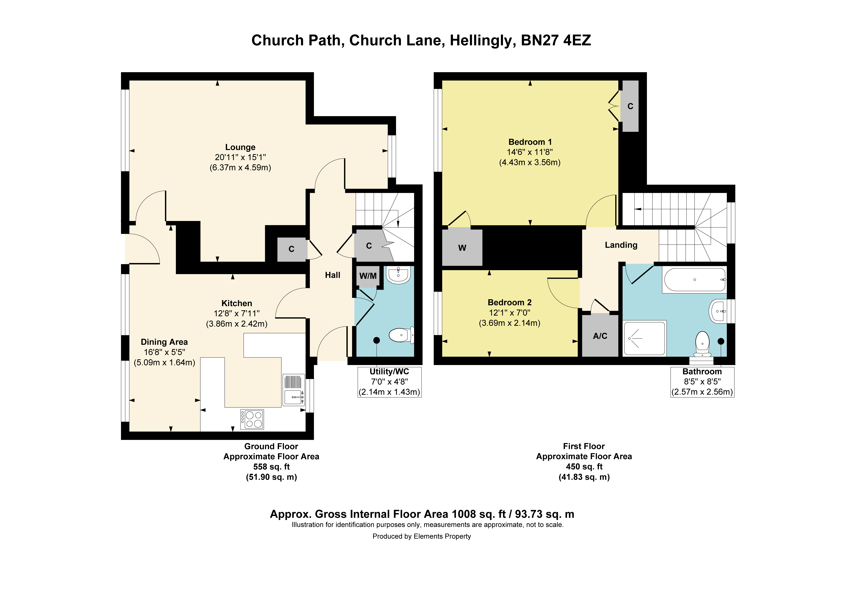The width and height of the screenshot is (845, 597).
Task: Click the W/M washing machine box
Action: pos(368,276)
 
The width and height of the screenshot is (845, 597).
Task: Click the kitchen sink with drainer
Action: pos(294,390)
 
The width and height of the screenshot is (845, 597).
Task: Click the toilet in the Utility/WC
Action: pos(402,335)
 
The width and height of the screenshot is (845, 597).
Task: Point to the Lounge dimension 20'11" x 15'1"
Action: pos(240,157)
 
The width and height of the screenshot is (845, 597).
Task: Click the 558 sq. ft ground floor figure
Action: pos(271,467)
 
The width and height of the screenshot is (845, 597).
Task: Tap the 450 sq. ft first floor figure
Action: pos(584,467)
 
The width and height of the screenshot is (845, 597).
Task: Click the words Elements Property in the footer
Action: pos(442,536)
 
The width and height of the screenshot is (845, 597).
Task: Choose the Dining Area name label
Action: pos(164,342)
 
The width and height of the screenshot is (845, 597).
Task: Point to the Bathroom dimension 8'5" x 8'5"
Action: pos(702,382)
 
